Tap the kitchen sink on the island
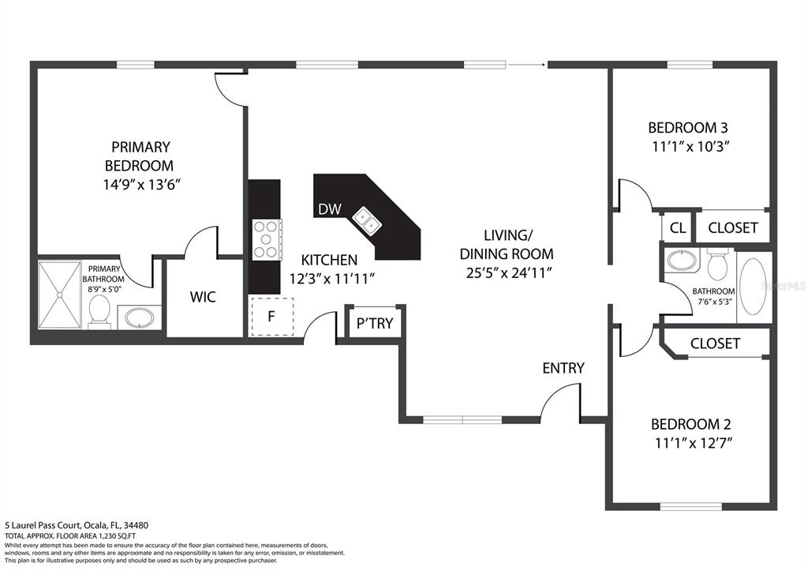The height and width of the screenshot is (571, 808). click(x=366, y=220)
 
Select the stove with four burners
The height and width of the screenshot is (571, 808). click(x=266, y=239)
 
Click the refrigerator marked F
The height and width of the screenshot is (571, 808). click(x=271, y=317)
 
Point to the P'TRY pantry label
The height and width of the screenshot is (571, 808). click(x=375, y=323)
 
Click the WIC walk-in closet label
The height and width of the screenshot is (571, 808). click(x=203, y=298)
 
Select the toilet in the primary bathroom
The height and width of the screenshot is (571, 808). click(x=100, y=311)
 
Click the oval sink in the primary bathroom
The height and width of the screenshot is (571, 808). click(x=140, y=319)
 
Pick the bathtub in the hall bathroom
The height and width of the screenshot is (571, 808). click(x=754, y=289)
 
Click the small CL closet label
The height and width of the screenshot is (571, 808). click(x=677, y=228)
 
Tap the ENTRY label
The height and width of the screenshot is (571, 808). click(x=563, y=368)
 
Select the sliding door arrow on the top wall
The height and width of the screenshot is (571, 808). click(x=527, y=64)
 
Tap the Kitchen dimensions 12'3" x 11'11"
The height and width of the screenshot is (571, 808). click(x=331, y=278)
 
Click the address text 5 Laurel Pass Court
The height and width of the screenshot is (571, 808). click(x=63, y=525)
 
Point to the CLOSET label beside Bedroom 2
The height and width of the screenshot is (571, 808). click(x=715, y=344)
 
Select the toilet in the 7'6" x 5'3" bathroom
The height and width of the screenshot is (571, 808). click(x=717, y=265)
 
